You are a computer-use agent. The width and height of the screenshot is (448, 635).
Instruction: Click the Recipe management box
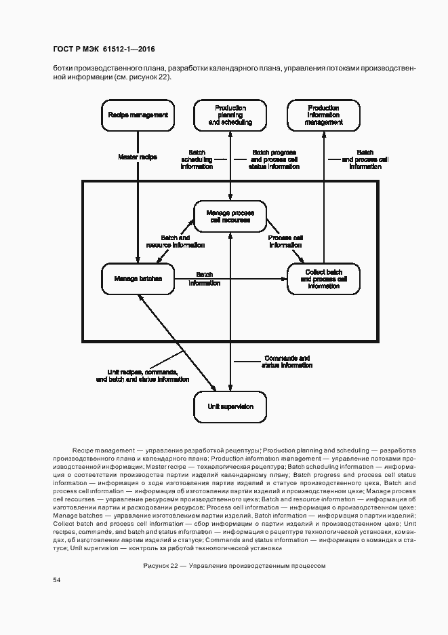click(x=138, y=115)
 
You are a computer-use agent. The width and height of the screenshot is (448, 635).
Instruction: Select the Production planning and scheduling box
click(x=230, y=115)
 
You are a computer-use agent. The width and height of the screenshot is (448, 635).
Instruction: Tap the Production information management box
click(x=323, y=115)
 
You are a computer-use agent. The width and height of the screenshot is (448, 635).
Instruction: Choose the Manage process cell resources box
click(x=230, y=216)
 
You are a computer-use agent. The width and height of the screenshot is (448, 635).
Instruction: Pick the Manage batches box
click(x=138, y=278)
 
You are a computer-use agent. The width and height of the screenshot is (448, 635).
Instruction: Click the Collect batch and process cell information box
click(x=323, y=278)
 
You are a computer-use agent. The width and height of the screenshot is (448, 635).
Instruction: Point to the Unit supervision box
click(x=230, y=406)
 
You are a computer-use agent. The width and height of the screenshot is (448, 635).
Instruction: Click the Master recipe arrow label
click(x=138, y=157)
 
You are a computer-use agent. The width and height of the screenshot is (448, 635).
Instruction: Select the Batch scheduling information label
click(x=197, y=159)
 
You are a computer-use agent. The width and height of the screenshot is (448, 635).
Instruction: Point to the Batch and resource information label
click(x=175, y=242)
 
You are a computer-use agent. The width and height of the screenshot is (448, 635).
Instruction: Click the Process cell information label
click(x=285, y=242)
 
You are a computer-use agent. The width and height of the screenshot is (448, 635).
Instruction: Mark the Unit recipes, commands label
click(x=142, y=372)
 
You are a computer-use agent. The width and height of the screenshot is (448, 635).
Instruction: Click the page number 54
click(x=57, y=580)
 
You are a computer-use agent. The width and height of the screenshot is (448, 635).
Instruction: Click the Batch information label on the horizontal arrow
click(x=204, y=278)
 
